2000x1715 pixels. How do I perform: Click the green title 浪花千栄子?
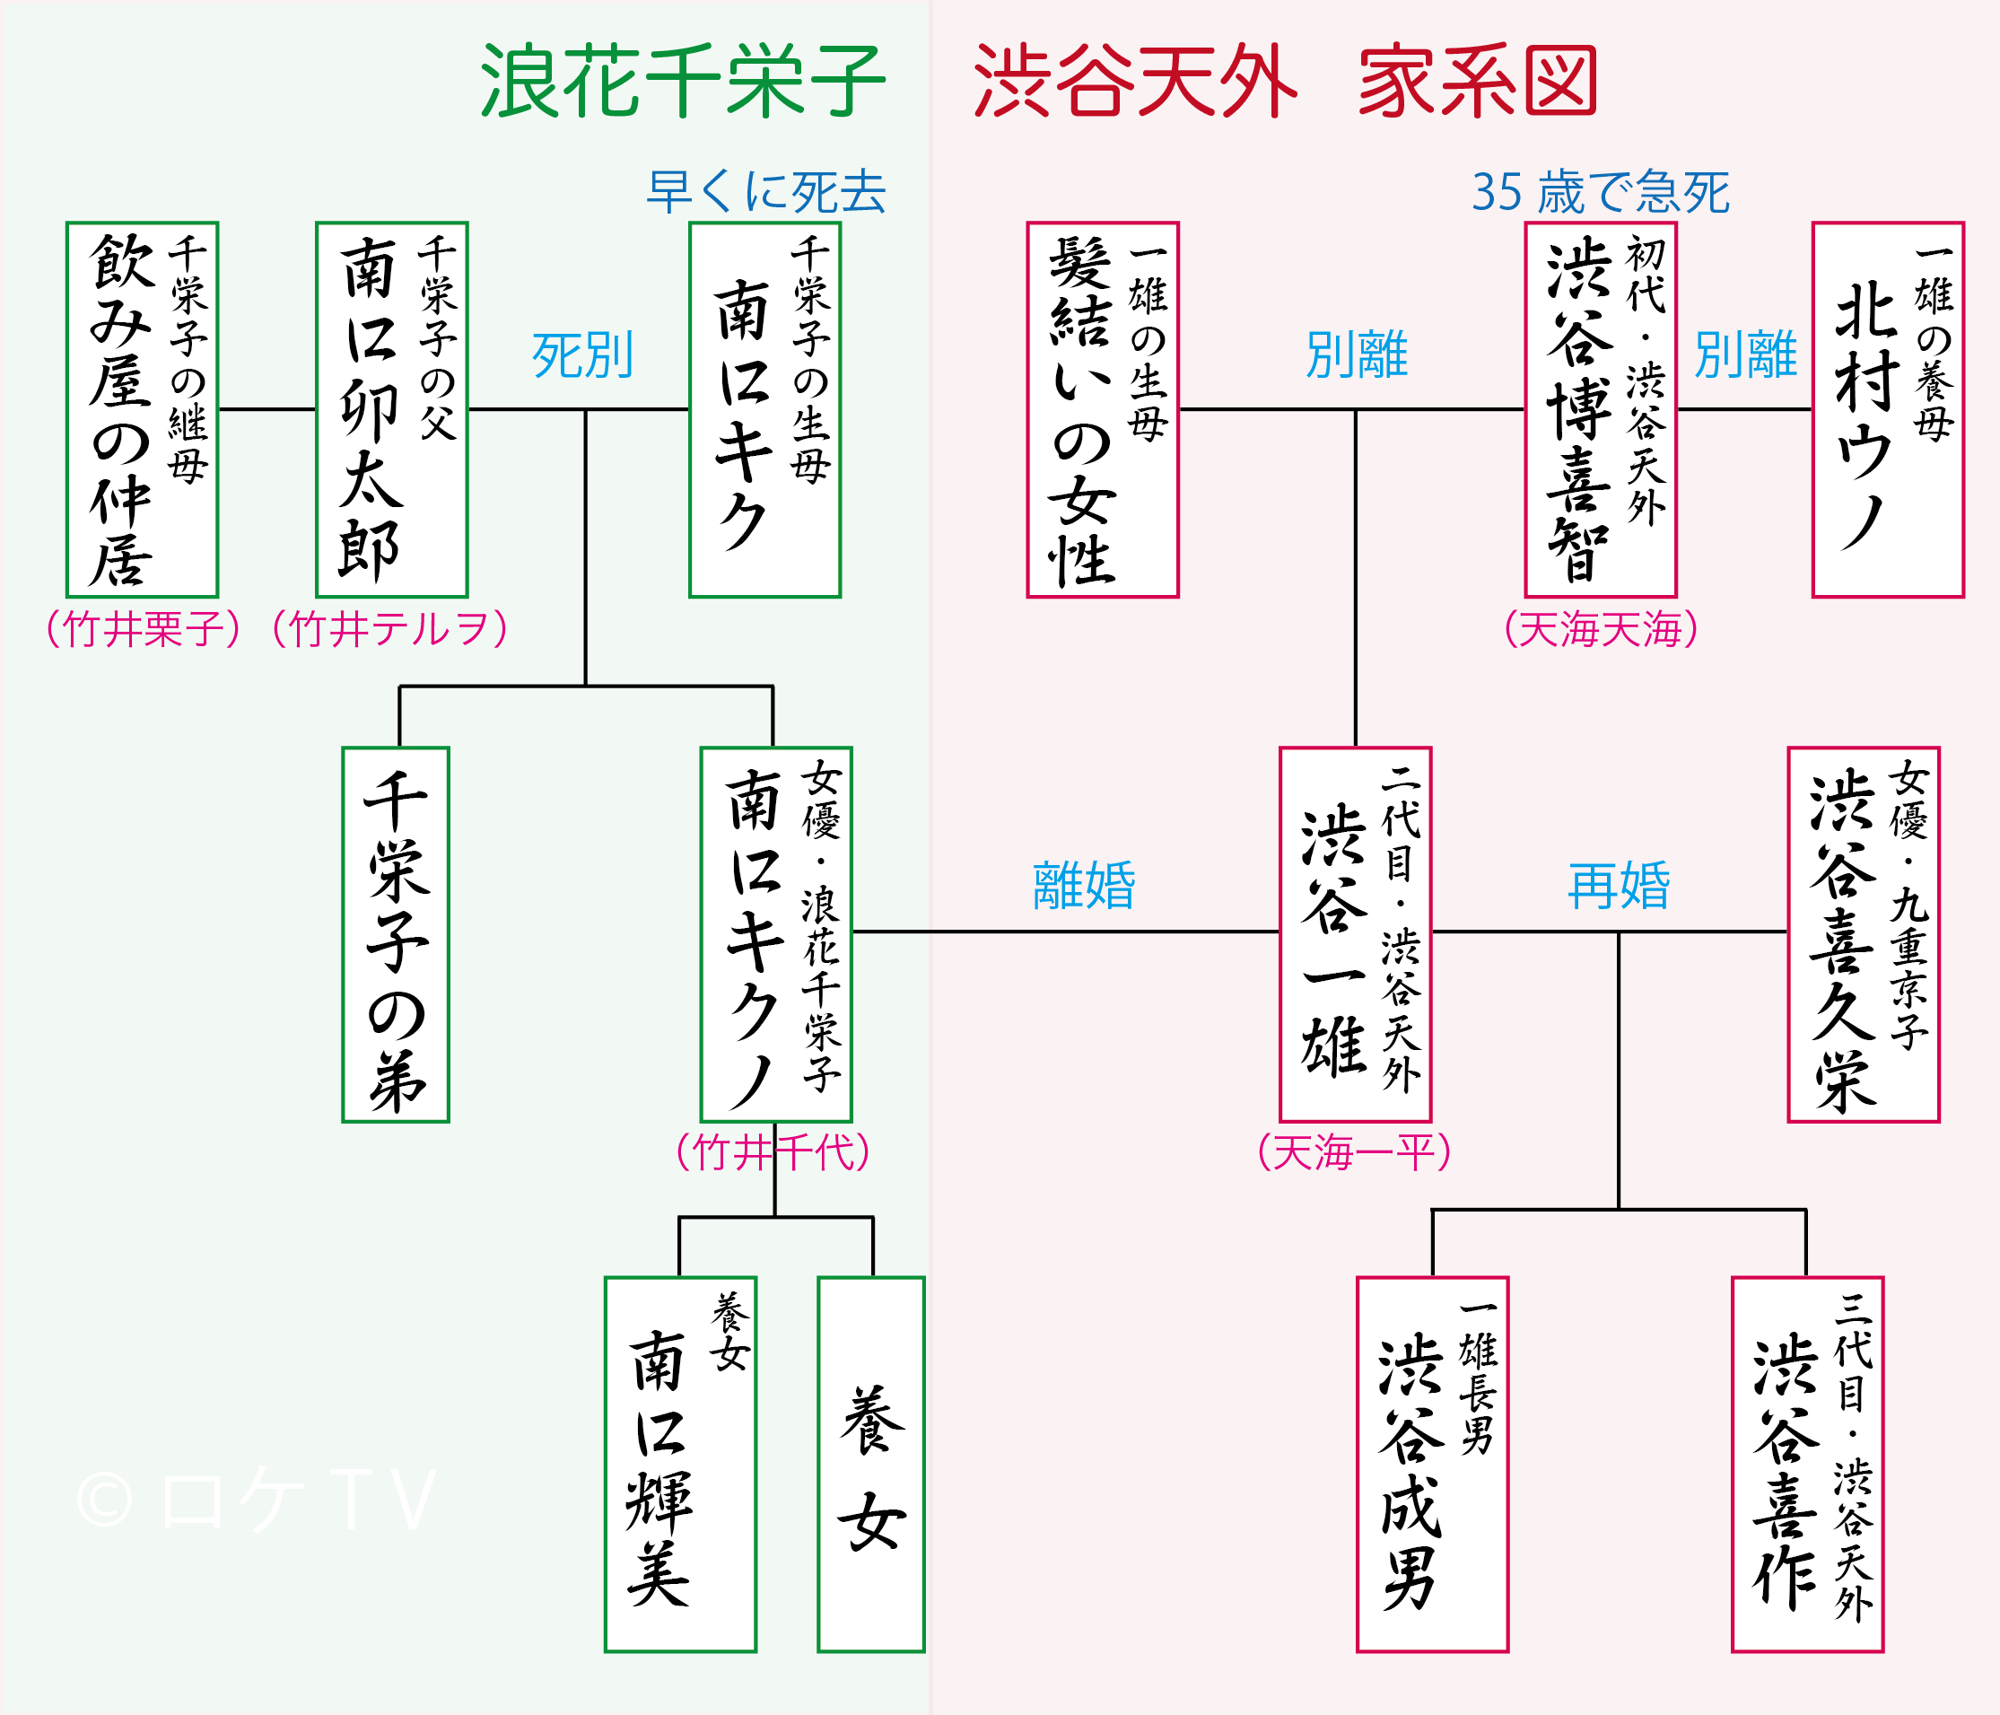click(683, 81)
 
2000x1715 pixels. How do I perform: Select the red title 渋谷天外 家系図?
click(1285, 81)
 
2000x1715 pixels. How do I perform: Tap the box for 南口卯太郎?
click(392, 409)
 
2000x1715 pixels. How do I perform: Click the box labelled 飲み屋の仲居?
click(142, 409)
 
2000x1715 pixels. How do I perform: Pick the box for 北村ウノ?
click(1888, 409)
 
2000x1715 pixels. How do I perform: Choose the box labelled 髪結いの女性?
click(1103, 409)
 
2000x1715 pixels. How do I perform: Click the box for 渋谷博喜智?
click(1601, 409)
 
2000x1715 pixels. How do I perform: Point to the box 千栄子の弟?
click(396, 935)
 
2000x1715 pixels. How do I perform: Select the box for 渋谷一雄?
click(1355, 935)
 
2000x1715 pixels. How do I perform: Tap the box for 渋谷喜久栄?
click(1864, 935)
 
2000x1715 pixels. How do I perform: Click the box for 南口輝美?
click(680, 1465)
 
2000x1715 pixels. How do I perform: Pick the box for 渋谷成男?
click(1432, 1465)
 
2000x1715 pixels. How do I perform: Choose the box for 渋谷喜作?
click(1808, 1465)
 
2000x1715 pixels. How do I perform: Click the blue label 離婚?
click(1084, 886)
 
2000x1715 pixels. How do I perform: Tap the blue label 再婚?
click(1619, 886)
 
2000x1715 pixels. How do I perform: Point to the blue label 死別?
click(583, 355)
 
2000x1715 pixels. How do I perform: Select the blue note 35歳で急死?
click(1601, 191)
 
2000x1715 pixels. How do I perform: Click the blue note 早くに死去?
click(766, 191)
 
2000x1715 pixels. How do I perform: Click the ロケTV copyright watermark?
click(257, 1501)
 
